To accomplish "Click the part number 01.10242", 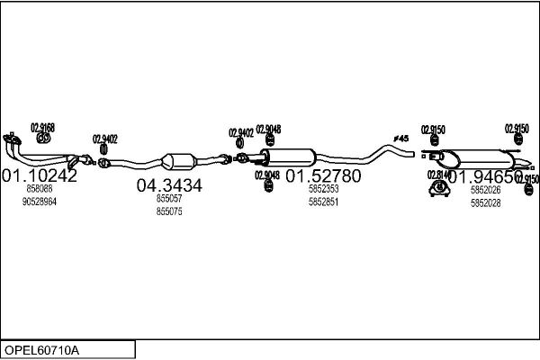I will [40, 175].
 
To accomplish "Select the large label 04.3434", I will [169, 185].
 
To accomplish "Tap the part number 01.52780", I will [323, 175].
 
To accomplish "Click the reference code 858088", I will [40, 189].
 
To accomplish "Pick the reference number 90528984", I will [40, 202].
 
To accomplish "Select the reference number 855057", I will [169, 198].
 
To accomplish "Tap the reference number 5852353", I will [323, 189].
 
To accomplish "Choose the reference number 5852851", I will [323, 202].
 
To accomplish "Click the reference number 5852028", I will [485, 202].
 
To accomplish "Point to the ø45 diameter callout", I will [400, 138].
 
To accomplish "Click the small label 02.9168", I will [42, 127].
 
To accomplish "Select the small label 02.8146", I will [439, 175].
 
